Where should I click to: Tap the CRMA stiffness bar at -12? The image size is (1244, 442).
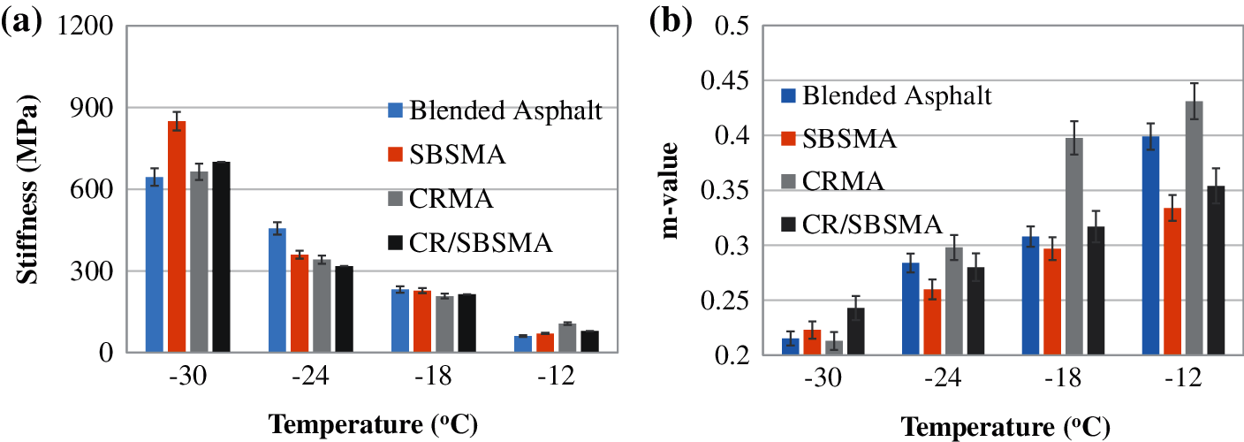click(x=567, y=338)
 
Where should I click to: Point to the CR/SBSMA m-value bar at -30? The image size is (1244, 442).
click(x=855, y=331)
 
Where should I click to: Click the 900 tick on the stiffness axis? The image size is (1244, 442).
click(x=91, y=108)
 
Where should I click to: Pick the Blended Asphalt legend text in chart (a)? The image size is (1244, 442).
click(x=508, y=111)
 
